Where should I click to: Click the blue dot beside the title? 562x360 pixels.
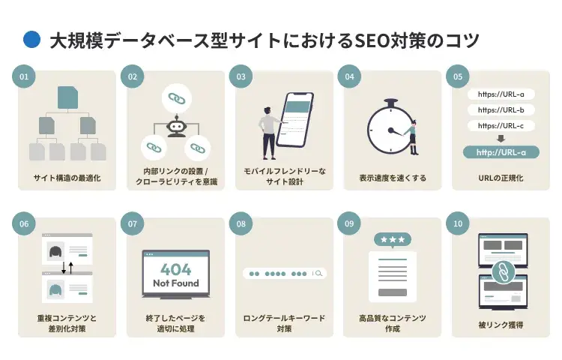click(32, 40)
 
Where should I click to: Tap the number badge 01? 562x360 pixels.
click(24, 76)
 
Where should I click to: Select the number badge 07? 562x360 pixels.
click(133, 223)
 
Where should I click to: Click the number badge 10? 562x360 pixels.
click(458, 223)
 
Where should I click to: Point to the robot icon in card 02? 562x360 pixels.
click(176, 126)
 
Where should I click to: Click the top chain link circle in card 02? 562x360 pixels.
click(176, 98)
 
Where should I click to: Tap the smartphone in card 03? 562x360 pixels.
click(295, 120)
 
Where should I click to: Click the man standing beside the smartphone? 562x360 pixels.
click(268, 133)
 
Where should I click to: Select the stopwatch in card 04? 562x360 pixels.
click(390, 127)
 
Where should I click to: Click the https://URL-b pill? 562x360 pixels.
click(501, 110)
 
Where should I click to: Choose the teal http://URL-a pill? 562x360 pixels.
click(501, 152)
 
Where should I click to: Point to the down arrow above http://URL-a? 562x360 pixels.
click(501, 139)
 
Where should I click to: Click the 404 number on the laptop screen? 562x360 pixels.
click(175, 269)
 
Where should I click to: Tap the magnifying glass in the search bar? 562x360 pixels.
click(318, 274)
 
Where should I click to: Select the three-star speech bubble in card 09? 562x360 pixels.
click(393, 240)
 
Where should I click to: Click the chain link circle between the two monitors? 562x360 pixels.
click(504, 272)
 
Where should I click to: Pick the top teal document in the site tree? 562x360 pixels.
click(67, 97)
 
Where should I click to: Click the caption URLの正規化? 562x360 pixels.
click(501, 178)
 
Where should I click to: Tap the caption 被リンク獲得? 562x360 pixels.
click(501, 325)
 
